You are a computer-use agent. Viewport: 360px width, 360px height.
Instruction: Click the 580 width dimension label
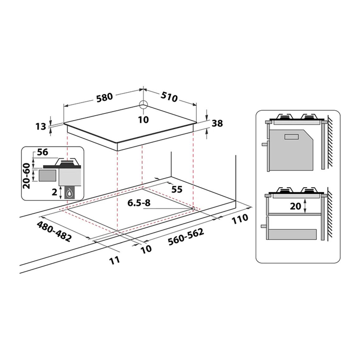104,97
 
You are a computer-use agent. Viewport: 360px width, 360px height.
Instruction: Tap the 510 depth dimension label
169,97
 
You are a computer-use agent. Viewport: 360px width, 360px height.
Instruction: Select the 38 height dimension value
217,123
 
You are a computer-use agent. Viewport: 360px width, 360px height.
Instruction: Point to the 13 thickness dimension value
41,126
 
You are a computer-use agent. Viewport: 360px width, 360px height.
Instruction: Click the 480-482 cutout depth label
54,231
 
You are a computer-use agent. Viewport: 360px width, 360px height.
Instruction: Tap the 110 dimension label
240,219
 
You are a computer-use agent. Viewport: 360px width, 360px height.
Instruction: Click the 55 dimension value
177,189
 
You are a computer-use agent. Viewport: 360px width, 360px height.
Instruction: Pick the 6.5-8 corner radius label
139,203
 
